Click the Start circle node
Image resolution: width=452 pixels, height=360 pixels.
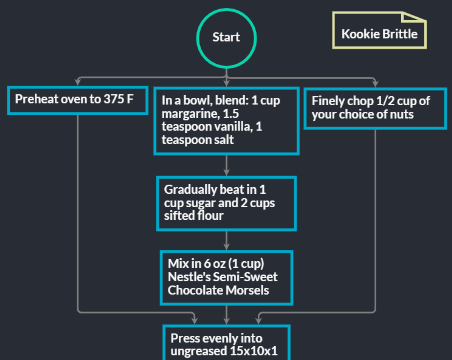[226, 37]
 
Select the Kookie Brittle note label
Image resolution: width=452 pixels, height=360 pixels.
[380, 33]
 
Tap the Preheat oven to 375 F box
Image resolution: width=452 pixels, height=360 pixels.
[76, 100]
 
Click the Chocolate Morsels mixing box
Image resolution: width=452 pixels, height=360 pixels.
[226, 277]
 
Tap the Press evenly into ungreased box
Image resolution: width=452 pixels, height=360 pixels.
[226, 343]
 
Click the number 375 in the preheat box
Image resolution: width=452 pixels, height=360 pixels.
[114, 100]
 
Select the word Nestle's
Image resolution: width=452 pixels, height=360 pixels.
[187, 277]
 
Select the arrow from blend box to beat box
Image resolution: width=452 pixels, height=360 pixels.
[226, 166]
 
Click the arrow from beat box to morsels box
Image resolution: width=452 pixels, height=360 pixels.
[226, 240]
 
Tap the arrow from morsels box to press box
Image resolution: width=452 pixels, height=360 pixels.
[226, 314]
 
